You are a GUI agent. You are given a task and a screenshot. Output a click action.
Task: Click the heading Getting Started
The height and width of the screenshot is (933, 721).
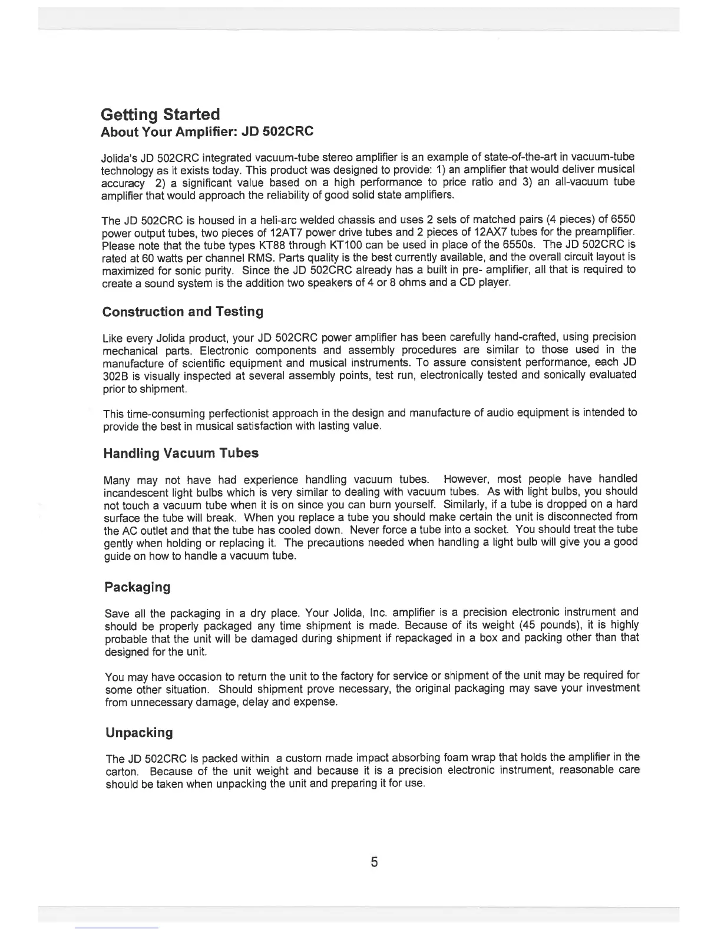click(x=160, y=114)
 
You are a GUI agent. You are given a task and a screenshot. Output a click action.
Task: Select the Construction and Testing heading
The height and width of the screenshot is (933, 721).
click(x=183, y=312)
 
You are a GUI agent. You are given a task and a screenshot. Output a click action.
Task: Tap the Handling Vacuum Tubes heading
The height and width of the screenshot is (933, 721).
click(x=181, y=454)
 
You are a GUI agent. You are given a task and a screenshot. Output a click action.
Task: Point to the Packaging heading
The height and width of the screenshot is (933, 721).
click(x=137, y=587)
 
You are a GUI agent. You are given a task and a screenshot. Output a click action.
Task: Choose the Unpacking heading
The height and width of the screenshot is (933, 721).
click(x=139, y=733)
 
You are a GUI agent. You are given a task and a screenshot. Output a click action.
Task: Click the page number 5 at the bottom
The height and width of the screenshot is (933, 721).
click(x=374, y=862)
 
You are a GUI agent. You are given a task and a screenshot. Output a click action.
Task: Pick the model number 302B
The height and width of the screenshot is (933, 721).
click(x=115, y=375)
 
